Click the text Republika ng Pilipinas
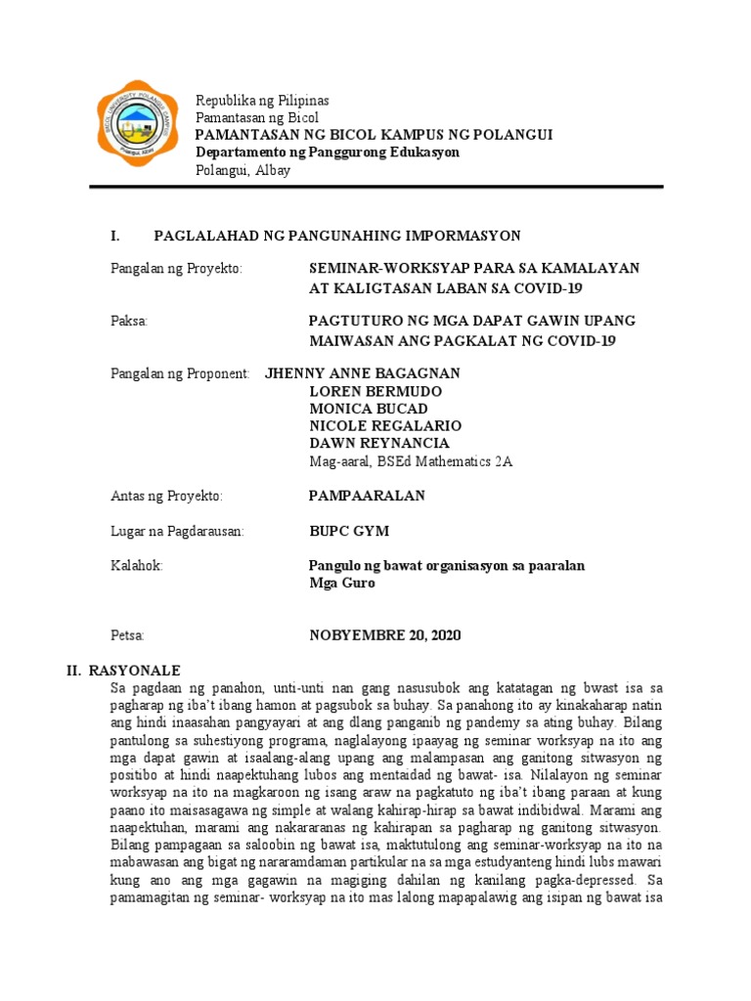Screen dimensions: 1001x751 pos(262,101)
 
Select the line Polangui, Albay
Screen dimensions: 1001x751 pos(243,170)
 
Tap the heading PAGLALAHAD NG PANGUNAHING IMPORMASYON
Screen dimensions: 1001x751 pos(337,236)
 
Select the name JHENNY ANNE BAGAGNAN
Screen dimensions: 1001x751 pos(362,373)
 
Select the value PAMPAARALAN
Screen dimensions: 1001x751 pos(367,496)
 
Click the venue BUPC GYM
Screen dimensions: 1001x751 pos(349,531)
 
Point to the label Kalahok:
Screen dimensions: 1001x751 pos(136,566)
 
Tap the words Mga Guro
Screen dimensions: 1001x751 pos(341,584)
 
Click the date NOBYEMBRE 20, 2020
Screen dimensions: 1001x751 pos(385,635)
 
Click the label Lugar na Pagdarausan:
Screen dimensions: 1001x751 pos(176,531)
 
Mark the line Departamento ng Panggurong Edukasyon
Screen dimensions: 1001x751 pos(328,152)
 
